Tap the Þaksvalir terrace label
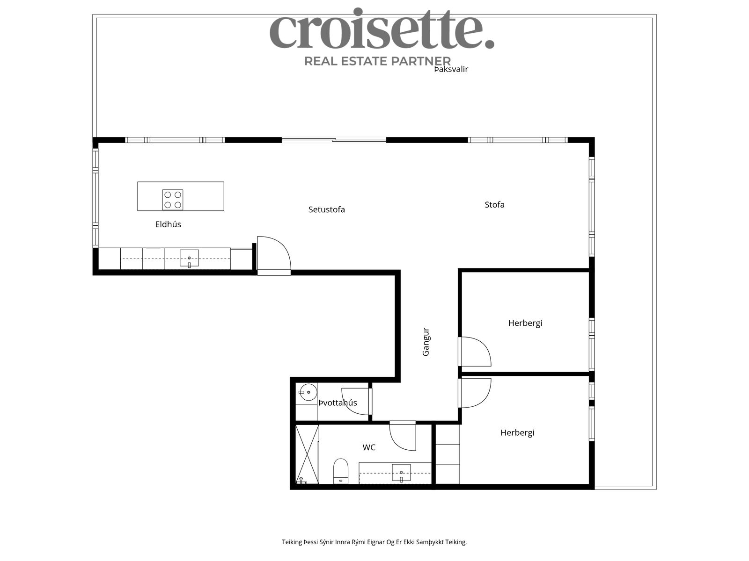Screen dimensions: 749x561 pyautogui.click(x=451, y=69)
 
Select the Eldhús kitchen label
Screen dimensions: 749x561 pyautogui.click(x=168, y=224)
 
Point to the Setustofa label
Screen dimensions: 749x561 pyautogui.click(x=327, y=209)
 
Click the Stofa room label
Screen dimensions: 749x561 pyautogui.click(x=494, y=204)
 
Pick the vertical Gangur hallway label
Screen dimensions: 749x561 pyautogui.click(x=426, y=342)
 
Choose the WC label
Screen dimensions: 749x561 pyautogui.click(x=369, y=447)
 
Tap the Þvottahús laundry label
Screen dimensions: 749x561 pyautogui.click(x=338, y=403)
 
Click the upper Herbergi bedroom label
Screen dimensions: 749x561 pyautogui.click(x=525, y=323)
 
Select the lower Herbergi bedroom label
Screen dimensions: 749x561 pyautogui.click(x=517, y=432)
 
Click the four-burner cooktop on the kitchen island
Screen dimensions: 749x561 pyautogui.click(x=173, y=200)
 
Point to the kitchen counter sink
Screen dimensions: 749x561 pyautogui.click(x=189, y=258)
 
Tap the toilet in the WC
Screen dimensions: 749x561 pyautogui.click(x=340, y=471)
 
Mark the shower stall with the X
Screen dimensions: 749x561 pyautogui.click(x=307, y=454)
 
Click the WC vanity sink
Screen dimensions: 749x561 pyautogui.click(x=401, y=473)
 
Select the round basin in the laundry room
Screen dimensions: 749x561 pyautogui.click(x=308, y=392)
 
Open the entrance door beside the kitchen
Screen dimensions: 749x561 pyautogui.click(x=274, y=255)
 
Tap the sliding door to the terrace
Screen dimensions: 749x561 pyautogui.click(x=334, y=140)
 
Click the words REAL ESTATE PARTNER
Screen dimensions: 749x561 pyautogui.click(x=377, y=61)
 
